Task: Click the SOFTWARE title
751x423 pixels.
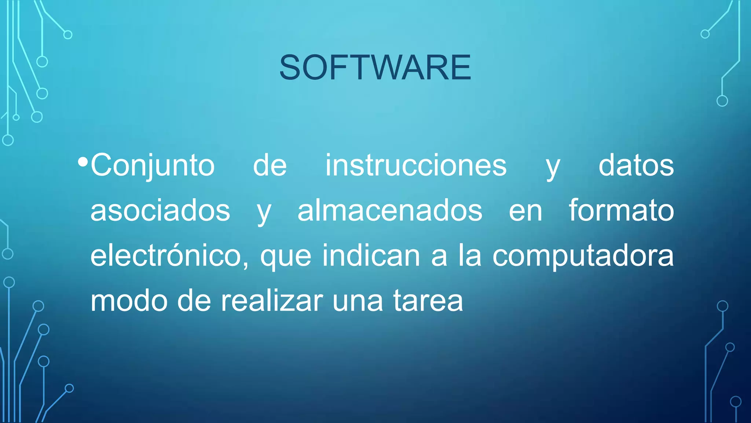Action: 375,67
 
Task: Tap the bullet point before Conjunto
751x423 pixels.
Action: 83,162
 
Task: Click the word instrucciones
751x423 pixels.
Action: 416,165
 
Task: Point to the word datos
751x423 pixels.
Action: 636,165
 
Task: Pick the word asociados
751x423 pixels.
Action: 160,211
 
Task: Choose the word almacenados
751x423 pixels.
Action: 390,211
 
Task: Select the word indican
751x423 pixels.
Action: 371,256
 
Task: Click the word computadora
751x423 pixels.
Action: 583,256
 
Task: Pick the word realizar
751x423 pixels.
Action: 272,301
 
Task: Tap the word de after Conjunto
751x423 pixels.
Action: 270,165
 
